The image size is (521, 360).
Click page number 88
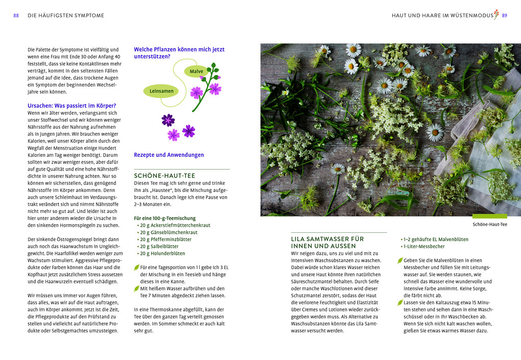pyautogui.click(x=16, y=16)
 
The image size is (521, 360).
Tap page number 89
pyautogui.click(x=505, y=16)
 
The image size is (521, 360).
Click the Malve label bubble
pyautogui.click(x=197, y=71)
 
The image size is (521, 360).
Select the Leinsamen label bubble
pyautogui.click(x=161, y=91)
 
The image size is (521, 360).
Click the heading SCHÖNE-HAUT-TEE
pyautogui.click(x=164, y=176)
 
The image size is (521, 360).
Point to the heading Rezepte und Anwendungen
pyautogui.click(x=169, y=155)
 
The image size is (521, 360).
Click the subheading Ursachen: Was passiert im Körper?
pyautogui.click(x=72, y=106)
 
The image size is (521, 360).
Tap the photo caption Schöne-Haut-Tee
pyautogui.click(x=490, y=224)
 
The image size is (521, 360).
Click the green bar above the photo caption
pyautogui.click(x=489, y=217)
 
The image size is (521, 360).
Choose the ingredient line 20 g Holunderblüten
pyautogui.click(x=162, y=253)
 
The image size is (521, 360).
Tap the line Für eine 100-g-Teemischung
pyautogui.click(x=164, y=218)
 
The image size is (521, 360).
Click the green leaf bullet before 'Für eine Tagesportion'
pyautogui.click(x=136, y=267)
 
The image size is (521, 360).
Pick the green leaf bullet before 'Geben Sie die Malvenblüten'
pyautogui.click(x=400, y=260)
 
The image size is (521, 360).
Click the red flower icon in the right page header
pyautogui.click(x=496, y=14)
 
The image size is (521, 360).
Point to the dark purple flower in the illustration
pyautogui.click(x=168, y=120)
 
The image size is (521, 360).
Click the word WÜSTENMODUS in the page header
pyautogui.click(x=471, y=16)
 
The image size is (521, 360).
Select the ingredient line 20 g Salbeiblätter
pyautogui.click(x=159, y=246)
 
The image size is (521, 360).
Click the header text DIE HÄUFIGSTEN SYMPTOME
pyautogui.click(x=65, y=16)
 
